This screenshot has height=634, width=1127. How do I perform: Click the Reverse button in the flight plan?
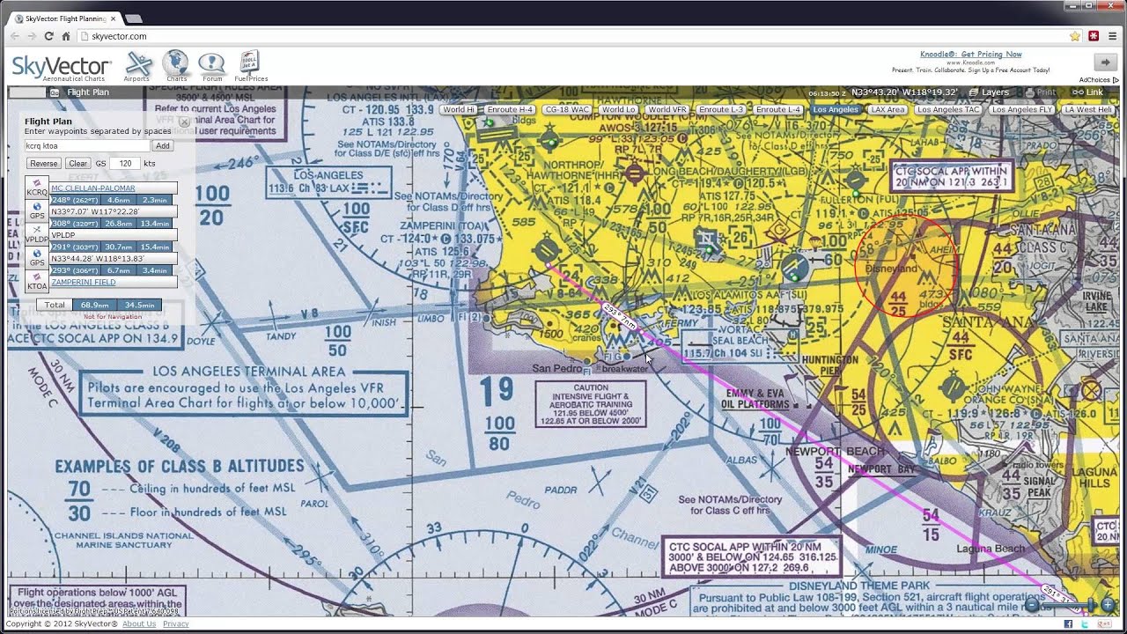[43, 164]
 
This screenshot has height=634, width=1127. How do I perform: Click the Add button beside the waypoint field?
[162, 146]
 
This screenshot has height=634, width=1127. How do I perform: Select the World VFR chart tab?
[667, 110]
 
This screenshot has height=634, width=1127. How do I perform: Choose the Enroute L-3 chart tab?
[721, 110]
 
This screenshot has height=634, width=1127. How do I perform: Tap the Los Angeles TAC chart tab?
[948, 110]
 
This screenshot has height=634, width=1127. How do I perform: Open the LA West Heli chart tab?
[1088, 110]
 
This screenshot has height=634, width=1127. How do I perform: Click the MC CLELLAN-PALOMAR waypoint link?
[93, 188]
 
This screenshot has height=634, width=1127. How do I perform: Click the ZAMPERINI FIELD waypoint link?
[85, 283]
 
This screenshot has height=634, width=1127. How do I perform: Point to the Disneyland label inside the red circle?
[893, 269]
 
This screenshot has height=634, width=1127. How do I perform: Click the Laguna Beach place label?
[991, 549]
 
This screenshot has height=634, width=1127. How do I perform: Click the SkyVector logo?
[62, 67]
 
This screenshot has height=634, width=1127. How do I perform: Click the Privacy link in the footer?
[175, 623]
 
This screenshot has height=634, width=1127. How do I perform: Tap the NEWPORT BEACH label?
[835, 452]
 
